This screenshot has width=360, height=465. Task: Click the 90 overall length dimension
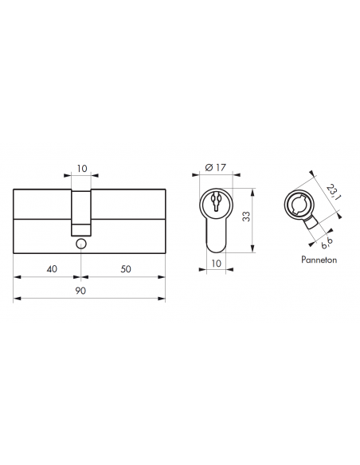pos(81,291)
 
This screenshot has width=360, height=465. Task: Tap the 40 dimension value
pos(52,269)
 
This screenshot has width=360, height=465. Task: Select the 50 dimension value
pos(126,269)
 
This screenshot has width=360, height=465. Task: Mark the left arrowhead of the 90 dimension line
pos(17,300)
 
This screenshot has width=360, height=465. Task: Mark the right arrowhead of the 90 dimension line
pos(163,300)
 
